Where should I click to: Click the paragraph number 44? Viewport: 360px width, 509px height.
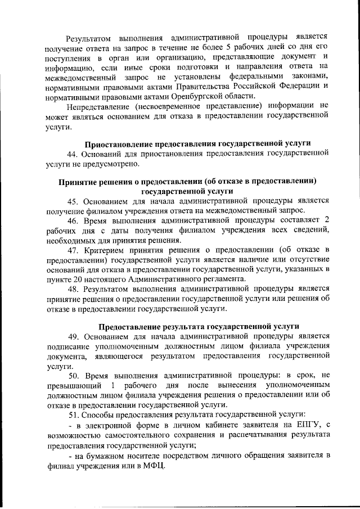[x=73, y=154]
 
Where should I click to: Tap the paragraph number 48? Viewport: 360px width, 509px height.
[x=73, y=289]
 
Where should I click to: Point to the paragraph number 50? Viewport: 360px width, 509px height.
[x=74, y=375]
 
